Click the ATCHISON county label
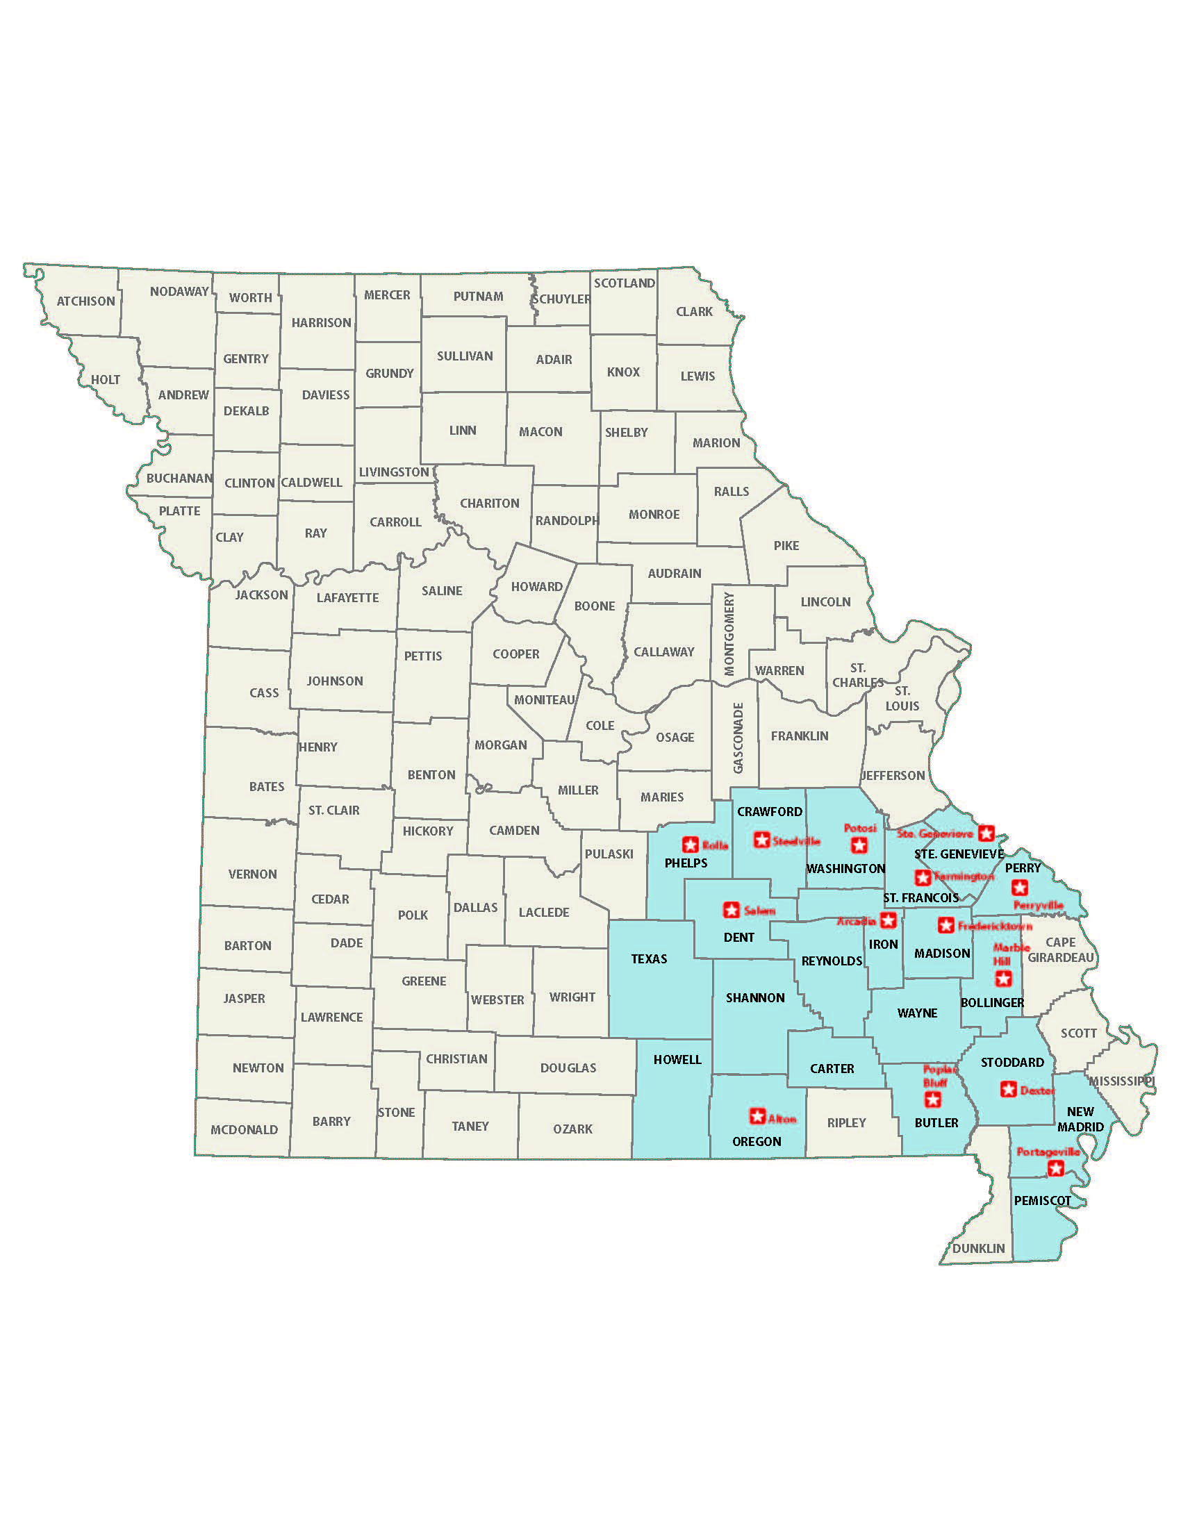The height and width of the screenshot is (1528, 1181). (x=85, y=301)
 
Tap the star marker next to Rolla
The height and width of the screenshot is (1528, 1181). (x=690, y=845)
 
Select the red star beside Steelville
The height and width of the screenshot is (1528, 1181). (x=761, y=840)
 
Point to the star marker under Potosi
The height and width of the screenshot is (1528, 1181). (x=859, y=845)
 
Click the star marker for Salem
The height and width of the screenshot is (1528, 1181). (x=731, y=910)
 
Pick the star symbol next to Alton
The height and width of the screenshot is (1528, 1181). (x=757, y=1115)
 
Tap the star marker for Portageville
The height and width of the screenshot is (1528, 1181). (x=1055, y=1168)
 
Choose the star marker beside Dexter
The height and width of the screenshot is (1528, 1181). (x=1008, y=1089)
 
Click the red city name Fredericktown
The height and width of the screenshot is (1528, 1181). (x=994, y=926)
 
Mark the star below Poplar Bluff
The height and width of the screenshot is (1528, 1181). (x=932, y=1100)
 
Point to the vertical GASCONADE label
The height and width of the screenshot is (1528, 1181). (x=738, y=738)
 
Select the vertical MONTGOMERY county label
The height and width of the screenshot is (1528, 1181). (x=729, y=635)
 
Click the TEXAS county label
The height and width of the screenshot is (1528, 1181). (x=649, y=958)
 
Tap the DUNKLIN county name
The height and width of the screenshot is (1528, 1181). (x=978, y=1248)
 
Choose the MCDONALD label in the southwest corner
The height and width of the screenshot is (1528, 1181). (x=244, y=1129)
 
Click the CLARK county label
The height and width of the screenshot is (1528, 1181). (x=694, y=311)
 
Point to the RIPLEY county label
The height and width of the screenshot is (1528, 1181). (x=847, y=1122)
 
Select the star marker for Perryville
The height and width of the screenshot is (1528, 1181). (x=1019, y=888)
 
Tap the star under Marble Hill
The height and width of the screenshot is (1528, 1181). (x=1003, y=978)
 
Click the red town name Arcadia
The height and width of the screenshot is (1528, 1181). (x=857, y=921)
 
